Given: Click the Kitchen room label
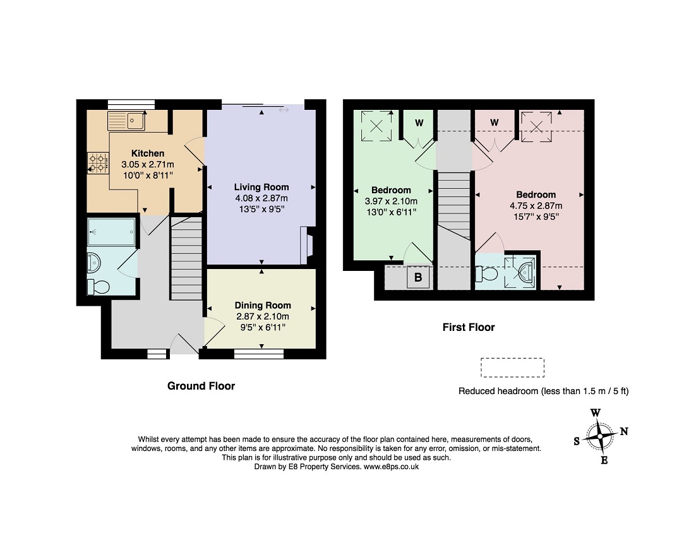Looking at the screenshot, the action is pos(148,153).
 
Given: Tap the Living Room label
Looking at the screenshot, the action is pos(261,187).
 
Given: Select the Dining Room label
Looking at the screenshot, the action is pos(263,306).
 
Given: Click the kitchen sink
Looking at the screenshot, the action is pos(126,121).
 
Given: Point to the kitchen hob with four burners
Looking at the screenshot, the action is pos(98,163).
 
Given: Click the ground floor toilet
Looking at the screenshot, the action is pos(98,287).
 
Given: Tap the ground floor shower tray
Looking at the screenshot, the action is pos(112,232).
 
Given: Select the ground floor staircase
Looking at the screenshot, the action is pos(186,258).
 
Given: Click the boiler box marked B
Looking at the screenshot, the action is pos(418,277).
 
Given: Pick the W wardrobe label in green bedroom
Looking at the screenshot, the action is pos(419,123).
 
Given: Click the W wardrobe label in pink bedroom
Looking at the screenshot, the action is pos(495,123).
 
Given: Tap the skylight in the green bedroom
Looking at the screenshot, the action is pos(376,126).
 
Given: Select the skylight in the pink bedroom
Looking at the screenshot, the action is pos(537,126).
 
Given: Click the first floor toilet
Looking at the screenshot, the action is pos(487,273).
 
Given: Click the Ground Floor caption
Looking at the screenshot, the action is pos(201,386).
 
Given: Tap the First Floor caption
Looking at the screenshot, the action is pos(469,327).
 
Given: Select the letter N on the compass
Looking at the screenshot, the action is pos(624,431).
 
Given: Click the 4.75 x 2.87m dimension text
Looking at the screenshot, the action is pos(536,206).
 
